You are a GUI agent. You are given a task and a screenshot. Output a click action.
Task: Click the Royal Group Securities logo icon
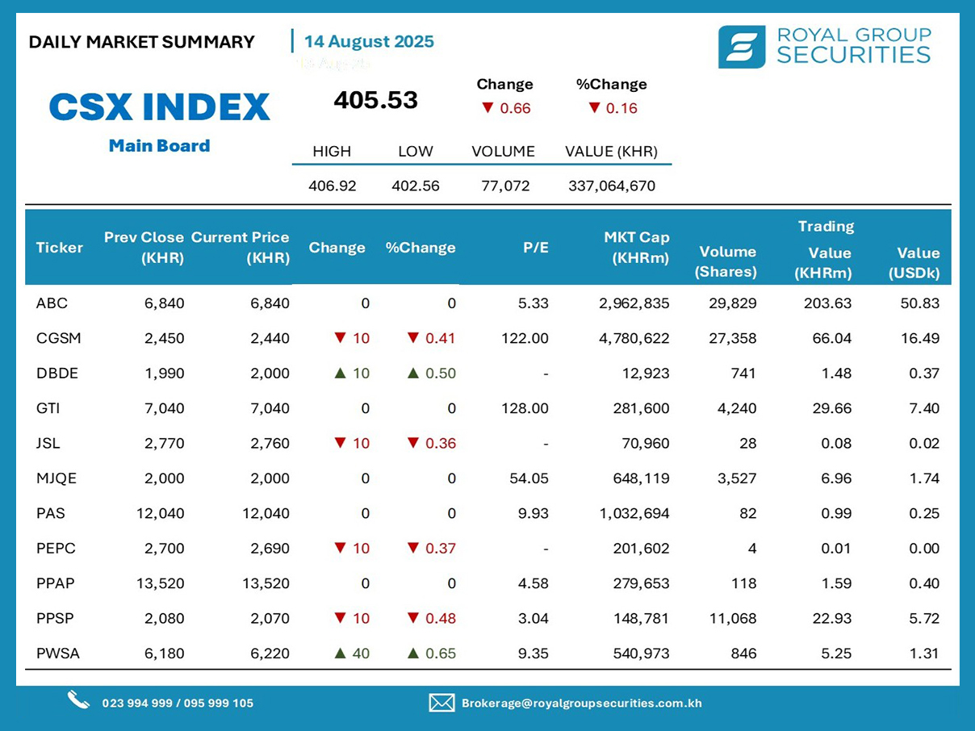(741, 47)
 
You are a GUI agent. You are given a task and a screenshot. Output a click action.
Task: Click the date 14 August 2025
(369, 42)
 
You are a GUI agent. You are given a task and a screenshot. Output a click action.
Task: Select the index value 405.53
(376, 100)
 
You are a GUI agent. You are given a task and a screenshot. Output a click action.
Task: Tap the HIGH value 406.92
(332, 186)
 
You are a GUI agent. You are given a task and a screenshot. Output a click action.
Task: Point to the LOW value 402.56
(416, 186)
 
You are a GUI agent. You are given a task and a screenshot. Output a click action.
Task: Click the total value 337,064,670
(612, 186)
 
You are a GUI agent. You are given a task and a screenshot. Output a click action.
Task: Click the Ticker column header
(59, 248)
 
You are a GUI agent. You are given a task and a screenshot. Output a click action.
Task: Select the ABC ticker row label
(52, 303)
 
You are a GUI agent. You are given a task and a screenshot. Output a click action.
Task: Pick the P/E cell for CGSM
(525, 338)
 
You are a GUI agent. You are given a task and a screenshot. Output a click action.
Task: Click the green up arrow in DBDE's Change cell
(340, 374)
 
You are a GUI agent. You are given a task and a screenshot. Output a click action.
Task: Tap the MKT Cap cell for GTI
(641, 408)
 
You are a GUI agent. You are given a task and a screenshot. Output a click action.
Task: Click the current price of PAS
(266, 513)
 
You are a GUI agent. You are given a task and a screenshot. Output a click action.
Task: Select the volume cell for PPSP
(734, 618)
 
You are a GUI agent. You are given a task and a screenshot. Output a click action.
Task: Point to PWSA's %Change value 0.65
(440, 654)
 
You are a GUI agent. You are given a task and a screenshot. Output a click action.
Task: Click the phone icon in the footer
(78, 700)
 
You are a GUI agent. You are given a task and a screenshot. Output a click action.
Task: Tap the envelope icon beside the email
(441, 703)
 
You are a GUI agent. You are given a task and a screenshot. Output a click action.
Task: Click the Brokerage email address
(581, 703)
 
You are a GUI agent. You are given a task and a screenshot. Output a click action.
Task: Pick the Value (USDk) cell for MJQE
(925, 478)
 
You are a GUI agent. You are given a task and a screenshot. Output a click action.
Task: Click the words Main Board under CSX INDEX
(159, 146)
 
